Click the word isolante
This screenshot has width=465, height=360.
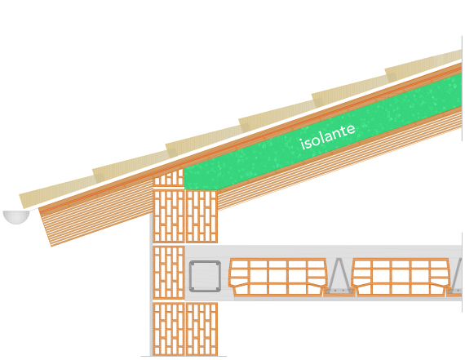(x=327, y=137)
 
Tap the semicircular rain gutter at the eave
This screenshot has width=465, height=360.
(x=16, y=217)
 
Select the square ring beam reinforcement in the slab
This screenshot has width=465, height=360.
(x=205, y=276)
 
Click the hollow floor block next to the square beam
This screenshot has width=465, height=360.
(x=278, y=278)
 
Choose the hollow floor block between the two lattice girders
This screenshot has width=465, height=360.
(x=401, y=278)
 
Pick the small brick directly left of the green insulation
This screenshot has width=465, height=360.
(x=168, y=178)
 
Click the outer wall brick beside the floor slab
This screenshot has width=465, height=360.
(x=169, y=273)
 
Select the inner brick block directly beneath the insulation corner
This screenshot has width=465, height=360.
(x=201, y=216)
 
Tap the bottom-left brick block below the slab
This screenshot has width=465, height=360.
(x=169, y=329)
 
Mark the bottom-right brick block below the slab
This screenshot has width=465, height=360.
(x=201, y=329)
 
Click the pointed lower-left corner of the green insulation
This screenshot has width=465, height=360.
(x=184, y=189)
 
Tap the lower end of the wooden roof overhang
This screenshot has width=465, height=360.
(x=51, y=246)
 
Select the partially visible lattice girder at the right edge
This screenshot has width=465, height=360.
(x=457, y=276)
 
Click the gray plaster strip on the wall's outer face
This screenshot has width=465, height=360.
(x=151, y=284)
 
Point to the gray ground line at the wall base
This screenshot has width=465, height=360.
(x=184, y=356)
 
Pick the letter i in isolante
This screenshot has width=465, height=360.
(x=303, y=144)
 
